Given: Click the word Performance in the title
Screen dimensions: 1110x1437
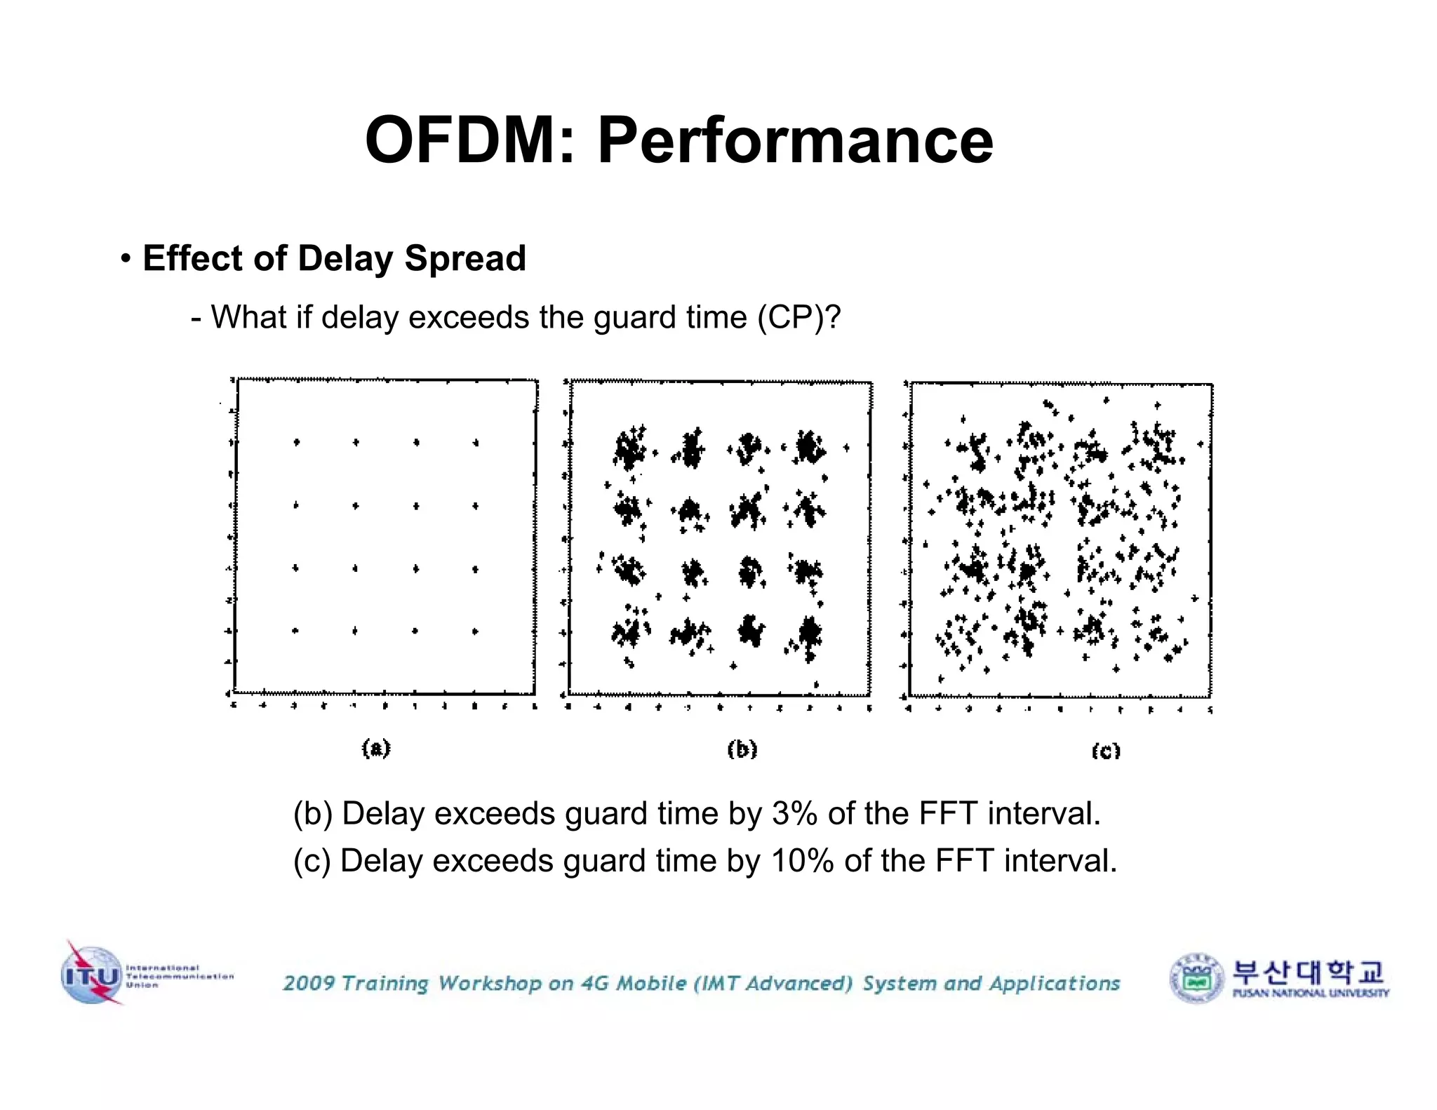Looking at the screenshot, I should (x=795, y=140).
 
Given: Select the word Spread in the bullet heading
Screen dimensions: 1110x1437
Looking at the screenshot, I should (x=464, y=258).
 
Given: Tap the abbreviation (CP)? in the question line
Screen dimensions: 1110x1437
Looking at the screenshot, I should (x=798, y=317).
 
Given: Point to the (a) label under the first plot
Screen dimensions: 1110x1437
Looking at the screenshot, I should (x=376, y=748).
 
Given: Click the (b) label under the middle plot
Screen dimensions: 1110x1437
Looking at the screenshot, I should (x=742, y=749).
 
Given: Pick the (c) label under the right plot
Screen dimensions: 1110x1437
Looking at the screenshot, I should (x=1106, y=751).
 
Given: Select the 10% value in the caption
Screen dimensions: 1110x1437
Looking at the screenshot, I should (x=802, y=861).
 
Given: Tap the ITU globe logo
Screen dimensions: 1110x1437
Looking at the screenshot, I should (x=91, y=974).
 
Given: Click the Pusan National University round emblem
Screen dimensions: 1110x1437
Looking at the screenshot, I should (x=1196, y=977).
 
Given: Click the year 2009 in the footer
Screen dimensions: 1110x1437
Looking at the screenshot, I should (x=309, y=983).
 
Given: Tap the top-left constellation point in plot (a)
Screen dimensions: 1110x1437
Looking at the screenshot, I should (x=297, y=442).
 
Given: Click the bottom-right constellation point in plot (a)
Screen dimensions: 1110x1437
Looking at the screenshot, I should (x=475, y=631).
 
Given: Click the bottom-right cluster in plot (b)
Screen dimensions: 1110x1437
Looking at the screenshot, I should (x=808, y=634).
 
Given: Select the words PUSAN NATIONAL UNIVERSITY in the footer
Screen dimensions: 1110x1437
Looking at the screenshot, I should (x=1310, y=994).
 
